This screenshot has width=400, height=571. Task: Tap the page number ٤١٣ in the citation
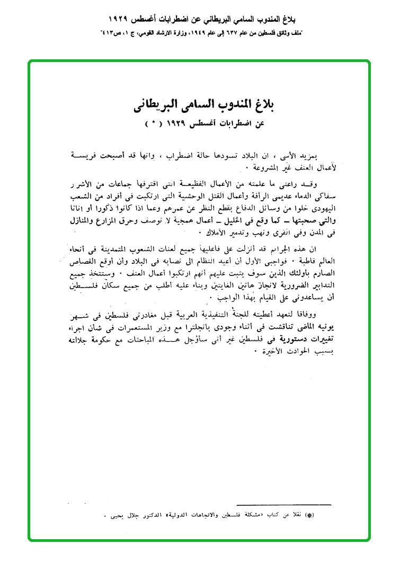110,33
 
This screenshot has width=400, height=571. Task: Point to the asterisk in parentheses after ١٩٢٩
153,124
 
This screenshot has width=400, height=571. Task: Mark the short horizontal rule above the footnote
283,504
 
